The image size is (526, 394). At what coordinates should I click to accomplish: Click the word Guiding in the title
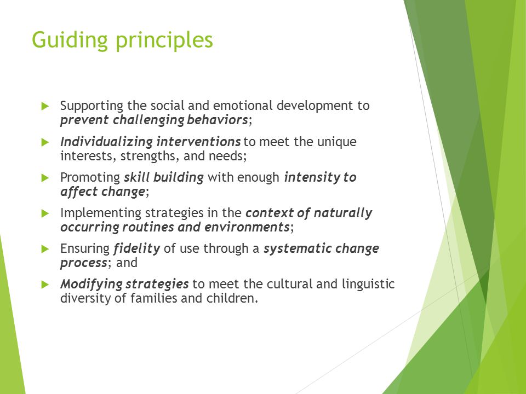pos(70,40)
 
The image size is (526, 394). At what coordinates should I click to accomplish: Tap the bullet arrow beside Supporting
pos(45,107)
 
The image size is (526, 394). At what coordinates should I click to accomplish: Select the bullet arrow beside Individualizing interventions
pos(45,142)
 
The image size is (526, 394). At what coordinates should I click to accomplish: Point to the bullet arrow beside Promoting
pos(45,178)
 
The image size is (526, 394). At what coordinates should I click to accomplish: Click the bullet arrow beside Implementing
pos(45,213)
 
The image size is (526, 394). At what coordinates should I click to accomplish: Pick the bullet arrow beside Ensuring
pos(45,249)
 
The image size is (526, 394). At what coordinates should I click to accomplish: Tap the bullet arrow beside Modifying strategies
pos(45,285)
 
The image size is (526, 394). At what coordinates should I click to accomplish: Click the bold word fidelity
pos(137,249)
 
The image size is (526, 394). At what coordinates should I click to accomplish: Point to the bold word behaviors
pos(218,120)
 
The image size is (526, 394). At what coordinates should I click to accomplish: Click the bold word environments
pos(247,227)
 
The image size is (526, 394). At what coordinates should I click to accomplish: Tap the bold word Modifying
pos(92,285)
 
